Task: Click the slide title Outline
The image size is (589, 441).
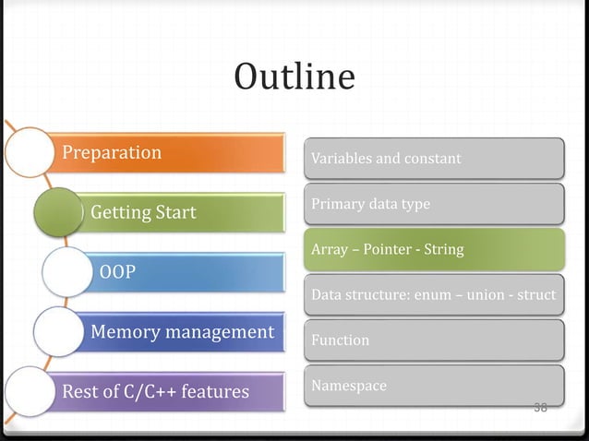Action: (x=294, y=77)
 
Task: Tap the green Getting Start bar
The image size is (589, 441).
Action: (x=185, y=213)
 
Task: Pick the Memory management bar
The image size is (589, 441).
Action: (x=185, y=331)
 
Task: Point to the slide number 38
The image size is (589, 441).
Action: (x=540, y=407)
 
